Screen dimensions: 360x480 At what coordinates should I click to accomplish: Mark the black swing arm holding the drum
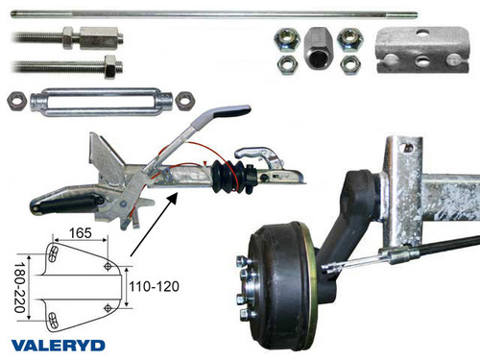click(348, 221)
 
